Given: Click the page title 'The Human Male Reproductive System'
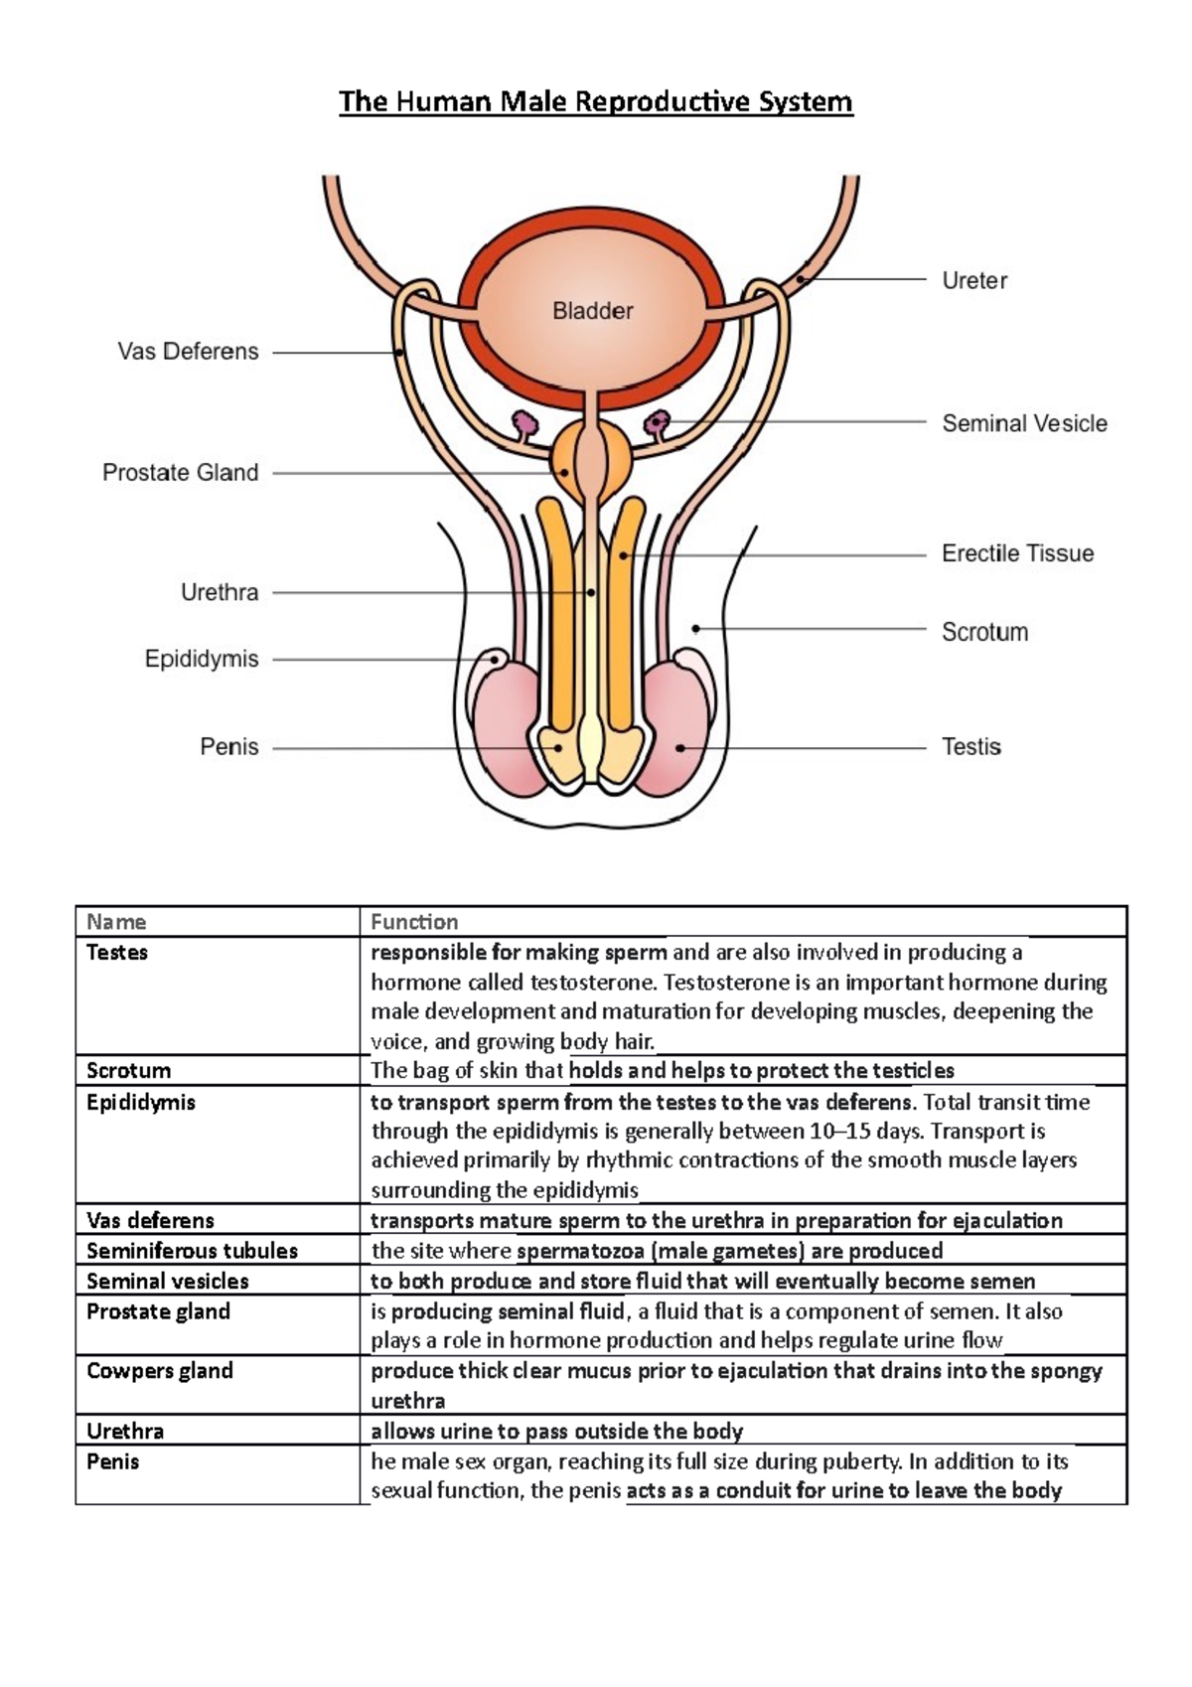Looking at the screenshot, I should click(x=595, y=101).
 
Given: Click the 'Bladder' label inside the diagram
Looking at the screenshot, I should click(x=592, y=311).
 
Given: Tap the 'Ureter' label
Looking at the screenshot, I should click(x=973, y=281).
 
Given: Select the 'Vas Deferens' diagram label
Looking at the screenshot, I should click(x=188, y=352).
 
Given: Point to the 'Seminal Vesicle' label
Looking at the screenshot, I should click(x=1023, y=423).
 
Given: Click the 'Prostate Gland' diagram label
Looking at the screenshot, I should click(x=180, y=473).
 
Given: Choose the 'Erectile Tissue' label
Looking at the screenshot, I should click(x=1017, y=553).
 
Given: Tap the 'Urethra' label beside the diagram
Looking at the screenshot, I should click(x=219, y=593).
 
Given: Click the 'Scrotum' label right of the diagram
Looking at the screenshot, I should click(x=983, y=632).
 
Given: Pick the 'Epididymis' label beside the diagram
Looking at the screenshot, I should click(x=201, y=659).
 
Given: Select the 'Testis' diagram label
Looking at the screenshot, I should click(x=970, y=747).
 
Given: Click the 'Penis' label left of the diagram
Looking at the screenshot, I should click(x=228, y=747).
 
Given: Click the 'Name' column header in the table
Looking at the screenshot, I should click(x=116, y=922).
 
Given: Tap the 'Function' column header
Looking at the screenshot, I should click(x=414, y=922).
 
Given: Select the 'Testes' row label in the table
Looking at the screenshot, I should click(x=117, y=953).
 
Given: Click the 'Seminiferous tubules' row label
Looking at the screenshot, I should click(x=192, y=1251).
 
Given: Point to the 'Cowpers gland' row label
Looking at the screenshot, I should click(x=159, y=1371).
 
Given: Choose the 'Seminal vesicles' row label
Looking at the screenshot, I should click(x=167, y=1282).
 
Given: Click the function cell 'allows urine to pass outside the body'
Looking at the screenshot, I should click(x=556, y=1432).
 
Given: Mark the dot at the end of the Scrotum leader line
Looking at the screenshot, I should click(x=696, y=629).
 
